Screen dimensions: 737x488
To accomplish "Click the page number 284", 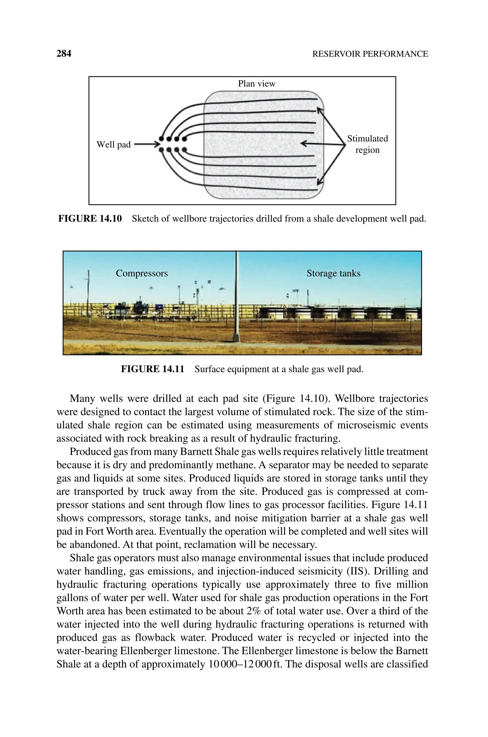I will click(64, 54).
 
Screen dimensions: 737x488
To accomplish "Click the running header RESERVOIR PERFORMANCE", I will click(370, 54).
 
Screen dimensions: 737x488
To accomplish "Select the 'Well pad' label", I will click(113, 144).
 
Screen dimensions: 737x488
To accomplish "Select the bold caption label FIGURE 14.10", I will click(90, 219).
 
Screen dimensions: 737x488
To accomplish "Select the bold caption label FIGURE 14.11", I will click(152, 369).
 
